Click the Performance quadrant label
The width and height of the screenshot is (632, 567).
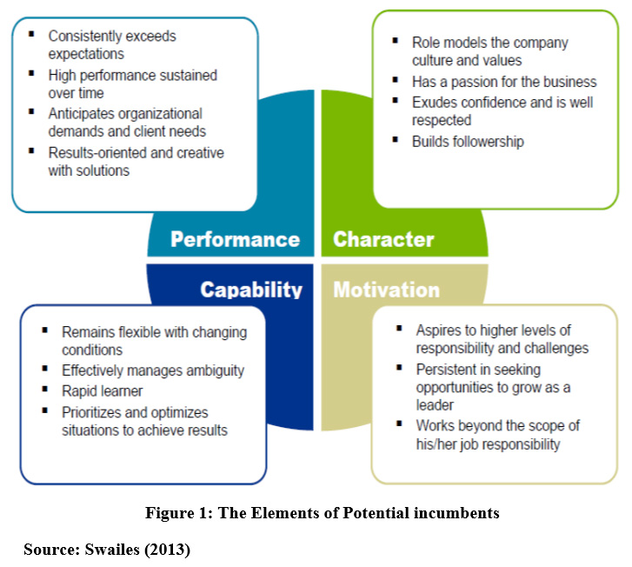click(235, 239)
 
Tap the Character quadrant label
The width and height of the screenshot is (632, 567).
click(383, 239)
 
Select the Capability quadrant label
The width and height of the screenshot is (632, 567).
click(251, 290)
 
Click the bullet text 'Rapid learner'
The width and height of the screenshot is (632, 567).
click(102, 391)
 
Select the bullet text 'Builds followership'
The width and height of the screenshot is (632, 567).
click(468, 141)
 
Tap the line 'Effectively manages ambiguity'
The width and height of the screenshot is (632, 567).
click(153, 370)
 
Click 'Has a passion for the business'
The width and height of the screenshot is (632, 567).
click(504, 82)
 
